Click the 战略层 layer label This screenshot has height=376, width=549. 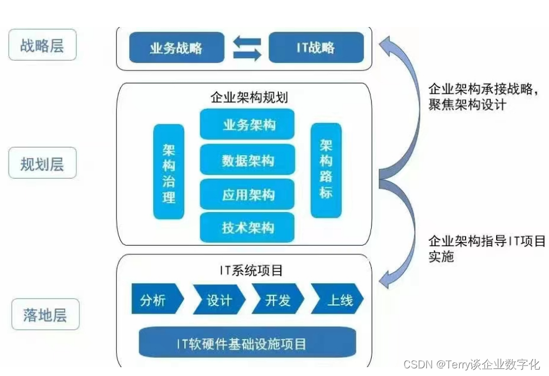click(42, 45)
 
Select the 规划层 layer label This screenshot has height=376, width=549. click(42, 163)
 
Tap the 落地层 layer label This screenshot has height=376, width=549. click(45, 315)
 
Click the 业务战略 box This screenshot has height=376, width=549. click(176, 48)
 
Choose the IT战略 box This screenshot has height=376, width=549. click(316, 48)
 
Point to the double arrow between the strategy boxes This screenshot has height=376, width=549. click(247, 48)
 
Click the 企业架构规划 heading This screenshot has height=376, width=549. click(249, 97)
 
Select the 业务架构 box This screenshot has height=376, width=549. click(247, 125)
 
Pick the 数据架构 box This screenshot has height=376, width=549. click(247, 160)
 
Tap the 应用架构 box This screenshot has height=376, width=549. click(247, 194)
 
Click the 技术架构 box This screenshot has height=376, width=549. click(247, 228)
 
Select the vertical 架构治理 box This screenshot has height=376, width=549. click(169, 172)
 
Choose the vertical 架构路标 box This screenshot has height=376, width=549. click(326, 170)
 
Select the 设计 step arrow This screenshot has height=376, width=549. click(218, 300)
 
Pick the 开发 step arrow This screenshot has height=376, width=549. click(277, 300)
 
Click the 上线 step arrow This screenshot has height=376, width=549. click(338, 300)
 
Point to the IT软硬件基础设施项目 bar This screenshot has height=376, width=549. click(247, 343)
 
